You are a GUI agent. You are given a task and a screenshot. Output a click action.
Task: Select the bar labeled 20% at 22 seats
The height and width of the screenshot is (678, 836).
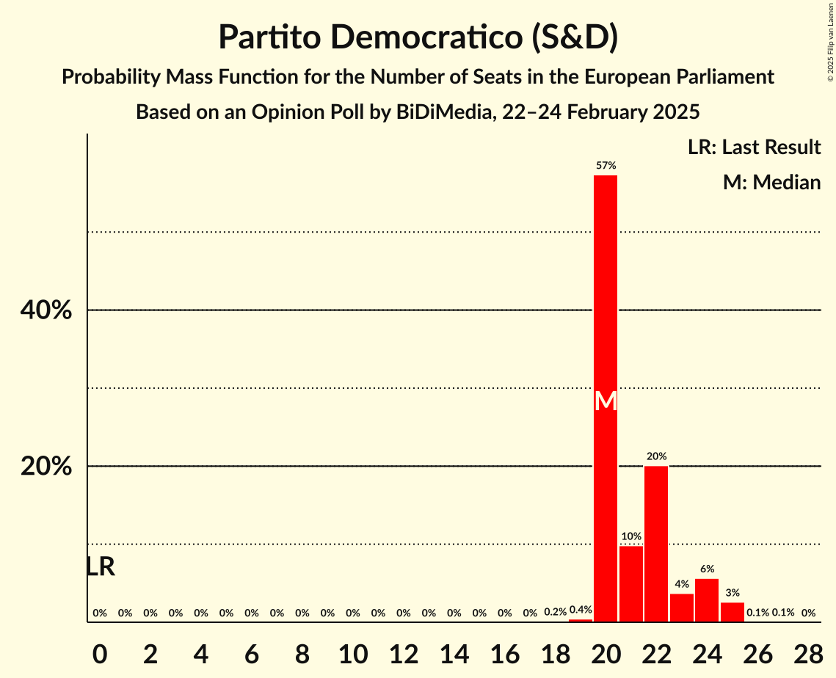coord(656,544)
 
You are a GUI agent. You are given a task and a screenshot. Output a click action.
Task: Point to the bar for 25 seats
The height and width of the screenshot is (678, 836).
coord(733,612)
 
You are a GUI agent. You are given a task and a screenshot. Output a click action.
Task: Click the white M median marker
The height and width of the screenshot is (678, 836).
coord(606,401)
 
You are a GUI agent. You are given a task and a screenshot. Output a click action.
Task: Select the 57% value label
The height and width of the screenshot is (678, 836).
coord(606,166)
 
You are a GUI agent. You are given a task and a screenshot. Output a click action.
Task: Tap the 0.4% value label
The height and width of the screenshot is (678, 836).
coord(581,610)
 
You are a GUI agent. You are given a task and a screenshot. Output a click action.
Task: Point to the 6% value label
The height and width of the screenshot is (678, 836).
coord(707,569)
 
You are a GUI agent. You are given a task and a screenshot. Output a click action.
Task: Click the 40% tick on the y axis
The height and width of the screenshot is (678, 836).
coord(46,310)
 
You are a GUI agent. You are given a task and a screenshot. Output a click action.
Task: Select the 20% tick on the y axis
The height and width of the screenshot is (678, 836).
coord(46,467)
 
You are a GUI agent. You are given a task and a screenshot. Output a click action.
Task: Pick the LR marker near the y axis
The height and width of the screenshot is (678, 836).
coord(101,566)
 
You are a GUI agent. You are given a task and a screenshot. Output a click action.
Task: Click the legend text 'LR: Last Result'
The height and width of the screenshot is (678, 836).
coord(754,147)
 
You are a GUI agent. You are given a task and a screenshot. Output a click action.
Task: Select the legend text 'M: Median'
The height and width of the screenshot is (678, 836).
coord(771,182)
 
